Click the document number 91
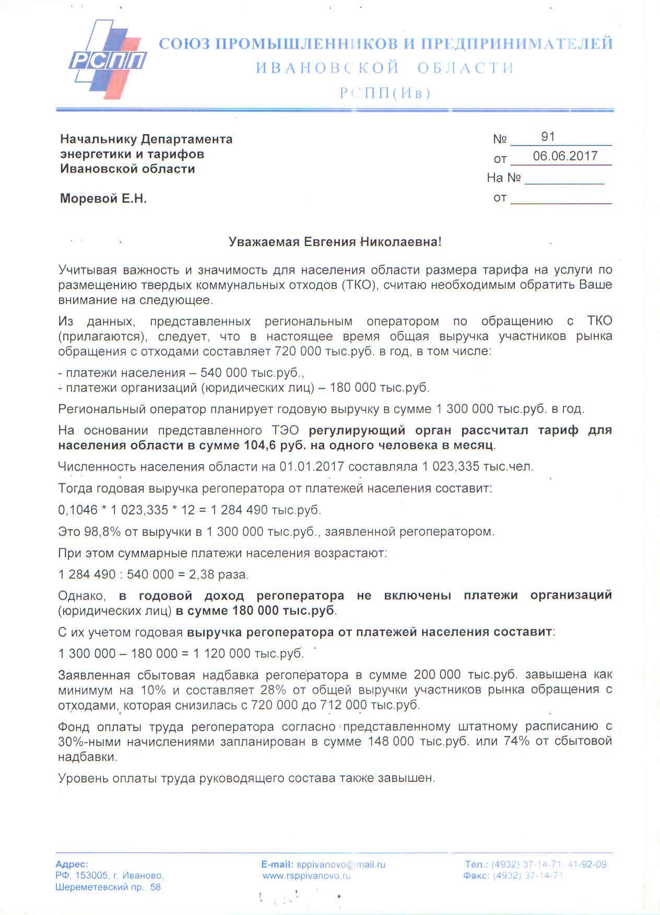pos(548,137)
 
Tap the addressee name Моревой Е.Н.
pos(103,198)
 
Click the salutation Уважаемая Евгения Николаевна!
pos(335,242)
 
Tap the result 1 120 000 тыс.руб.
pos(248,653)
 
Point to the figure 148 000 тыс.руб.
pos(418,741)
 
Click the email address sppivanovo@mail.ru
pos(340,864)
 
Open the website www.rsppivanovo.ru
pos(306,876)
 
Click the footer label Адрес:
pos(72,864)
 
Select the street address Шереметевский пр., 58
pos(108,887)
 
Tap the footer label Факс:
pos(476,876)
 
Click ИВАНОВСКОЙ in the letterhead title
pos(327,68)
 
